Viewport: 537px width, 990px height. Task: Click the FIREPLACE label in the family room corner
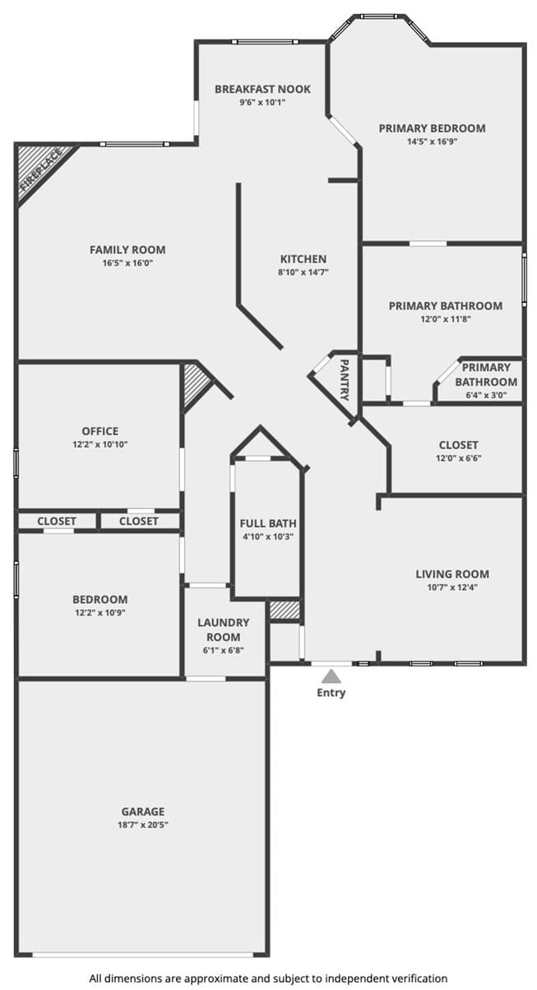point(41,170)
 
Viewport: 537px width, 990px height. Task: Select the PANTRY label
point(344,379)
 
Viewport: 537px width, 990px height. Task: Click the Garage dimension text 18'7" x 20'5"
point(143,825)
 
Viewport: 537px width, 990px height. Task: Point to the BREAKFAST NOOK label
point(263,89)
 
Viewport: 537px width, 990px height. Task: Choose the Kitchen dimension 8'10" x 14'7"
point(303,272)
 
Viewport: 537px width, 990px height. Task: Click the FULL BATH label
point(268,523)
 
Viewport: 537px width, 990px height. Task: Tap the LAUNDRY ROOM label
point(224,630)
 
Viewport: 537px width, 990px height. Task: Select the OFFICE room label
point(100,431)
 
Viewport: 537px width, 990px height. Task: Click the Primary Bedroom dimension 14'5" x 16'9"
point(432,142)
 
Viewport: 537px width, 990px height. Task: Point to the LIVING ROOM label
point(452,574)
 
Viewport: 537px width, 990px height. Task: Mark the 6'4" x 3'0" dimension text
point(486,395)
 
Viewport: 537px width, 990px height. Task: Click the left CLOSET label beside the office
point(57,522)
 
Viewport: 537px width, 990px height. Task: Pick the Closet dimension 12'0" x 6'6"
point(458,458)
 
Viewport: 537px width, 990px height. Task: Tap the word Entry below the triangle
point(331,693)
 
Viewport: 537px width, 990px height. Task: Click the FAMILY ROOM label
point(127,250)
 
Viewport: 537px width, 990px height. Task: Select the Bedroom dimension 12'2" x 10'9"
point(100,613)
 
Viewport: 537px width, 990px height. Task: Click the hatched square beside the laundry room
point(285,611)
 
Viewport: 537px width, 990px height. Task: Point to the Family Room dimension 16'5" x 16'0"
point(127,263)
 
